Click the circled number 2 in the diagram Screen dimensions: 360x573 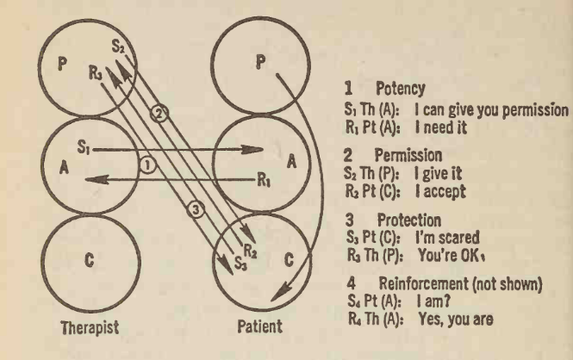157,113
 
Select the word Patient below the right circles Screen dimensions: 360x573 253,329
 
